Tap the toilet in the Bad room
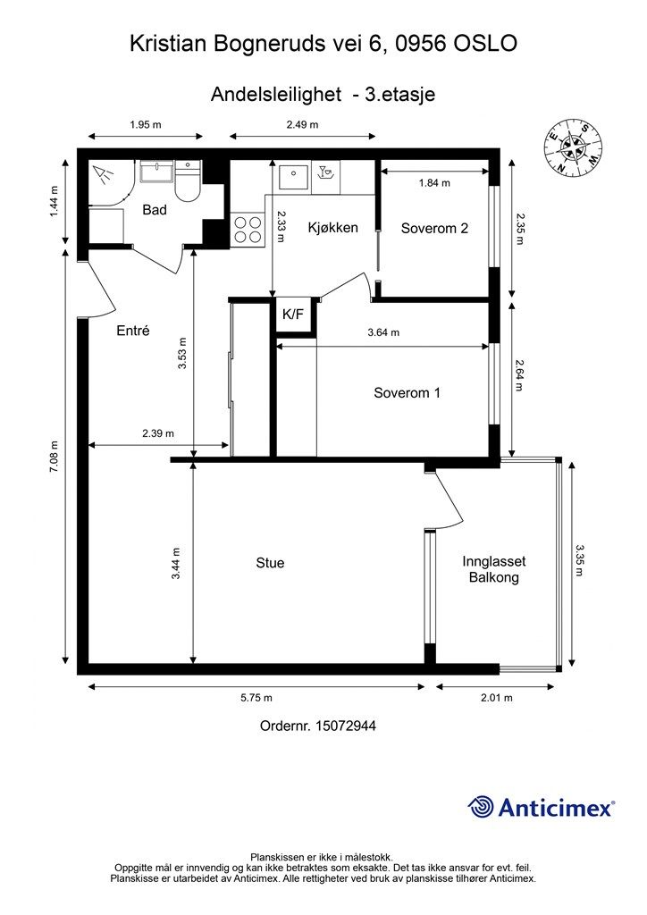pyautogui.click(x=188, y=181)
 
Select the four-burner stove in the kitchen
pyautogui.click(x=248, y=229)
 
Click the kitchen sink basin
pyautogui.click(x=293, y=178)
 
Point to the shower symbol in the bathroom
pyautogui.click(x=104, y=174)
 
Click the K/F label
pyautogui.click(x=293, y=315)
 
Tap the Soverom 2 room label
pyautogui.click(x=434, y=228)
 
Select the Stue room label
pyautogui.click(x=270, y=563)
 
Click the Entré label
pyautogui.click(x=133, y=331)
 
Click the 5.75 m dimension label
pyautogui.click(x=256, y=698)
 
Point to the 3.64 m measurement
pyautogui.click(x=383, y=332)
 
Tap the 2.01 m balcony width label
pyautogui.click(x=497, y=698)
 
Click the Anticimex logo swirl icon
pyautogui.click(x=481, y=808)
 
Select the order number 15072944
pyautogui.click(x=345, y=726)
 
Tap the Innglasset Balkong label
pyautogui.click(x=493, y=569)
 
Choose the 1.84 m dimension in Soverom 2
pyautogui.click(x=434, y=183)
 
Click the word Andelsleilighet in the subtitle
pyautogui.click(x=276, y=95)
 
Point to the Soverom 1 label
pyautogui.click(x=408, y=393)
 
